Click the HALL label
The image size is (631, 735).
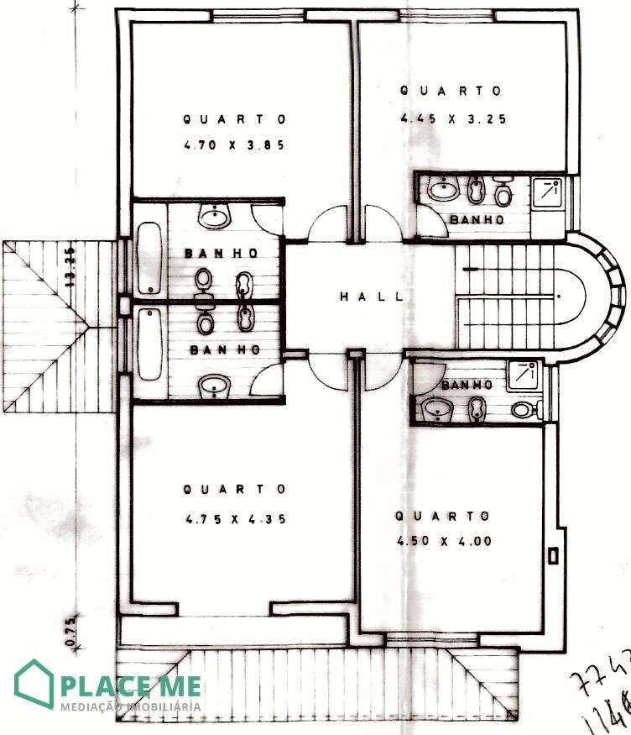pos(371,297)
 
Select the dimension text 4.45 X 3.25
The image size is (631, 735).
pos(453,118)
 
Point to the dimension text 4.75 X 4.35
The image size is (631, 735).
pos(236,519)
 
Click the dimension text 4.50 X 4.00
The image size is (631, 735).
pos(444,541)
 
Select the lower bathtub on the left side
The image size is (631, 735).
pos(149,344)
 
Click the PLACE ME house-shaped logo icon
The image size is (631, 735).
pos(34,684)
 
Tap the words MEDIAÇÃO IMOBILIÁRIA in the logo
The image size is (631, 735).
pos(130,706)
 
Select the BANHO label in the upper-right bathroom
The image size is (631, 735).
pos(477,220)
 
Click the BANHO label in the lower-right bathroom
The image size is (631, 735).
pos(465,385)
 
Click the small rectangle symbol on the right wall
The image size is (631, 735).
pos(553,555)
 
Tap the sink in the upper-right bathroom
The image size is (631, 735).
pos(444,191)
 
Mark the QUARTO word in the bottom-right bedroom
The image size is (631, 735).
pos(442,516)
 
